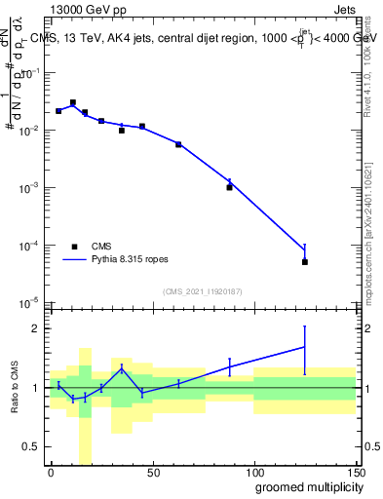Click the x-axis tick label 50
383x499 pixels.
click(152, 472)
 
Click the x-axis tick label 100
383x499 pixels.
click(253, 472)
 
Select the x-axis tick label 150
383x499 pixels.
click(355, 472)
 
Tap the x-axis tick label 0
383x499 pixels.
click(51, 472)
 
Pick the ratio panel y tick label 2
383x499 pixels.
click(34, 328)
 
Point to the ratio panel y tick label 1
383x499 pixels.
click(34, 388)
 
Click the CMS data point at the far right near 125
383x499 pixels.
click(305, 261)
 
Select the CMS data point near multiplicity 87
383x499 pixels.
click(229, 186)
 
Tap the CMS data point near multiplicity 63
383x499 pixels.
click(178, 144)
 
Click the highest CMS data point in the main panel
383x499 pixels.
click(73, 102)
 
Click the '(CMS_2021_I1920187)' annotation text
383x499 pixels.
click(202, 290)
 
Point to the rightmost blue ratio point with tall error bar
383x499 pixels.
click(305, 347)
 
